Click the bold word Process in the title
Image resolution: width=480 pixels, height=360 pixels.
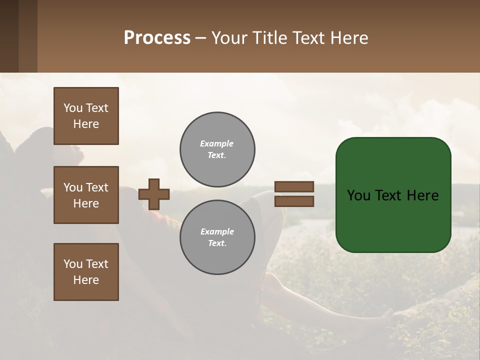tap(157, 38)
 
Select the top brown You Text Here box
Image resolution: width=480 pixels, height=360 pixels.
tap(86, 116)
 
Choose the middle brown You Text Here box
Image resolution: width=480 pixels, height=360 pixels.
tap(86, 195)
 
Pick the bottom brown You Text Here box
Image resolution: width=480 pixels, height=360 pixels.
tap(86, 272)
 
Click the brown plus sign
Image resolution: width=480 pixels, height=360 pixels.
tap(154, 194)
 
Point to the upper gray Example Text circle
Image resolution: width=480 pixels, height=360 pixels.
tap(217, 149)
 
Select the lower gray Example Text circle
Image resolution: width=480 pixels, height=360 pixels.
tap(217, 237)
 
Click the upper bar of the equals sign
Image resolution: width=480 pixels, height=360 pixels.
tap(294, 186)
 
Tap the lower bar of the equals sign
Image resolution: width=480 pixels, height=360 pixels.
tap(294, 201)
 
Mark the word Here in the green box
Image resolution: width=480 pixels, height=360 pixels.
tap(422, 195)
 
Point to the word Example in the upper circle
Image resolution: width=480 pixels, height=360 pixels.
tap(217, 143)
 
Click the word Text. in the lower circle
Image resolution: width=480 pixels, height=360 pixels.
tap(217, 243)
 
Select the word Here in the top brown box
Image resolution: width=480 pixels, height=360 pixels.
tap(86, 124)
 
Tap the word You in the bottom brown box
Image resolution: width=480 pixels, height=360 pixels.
tap(73, 264)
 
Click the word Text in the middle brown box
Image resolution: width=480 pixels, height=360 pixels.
tap(97, 187)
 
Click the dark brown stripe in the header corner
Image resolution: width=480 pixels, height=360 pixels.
tap(9, 36)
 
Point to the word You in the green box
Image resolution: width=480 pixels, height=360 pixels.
tap(358, 195)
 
